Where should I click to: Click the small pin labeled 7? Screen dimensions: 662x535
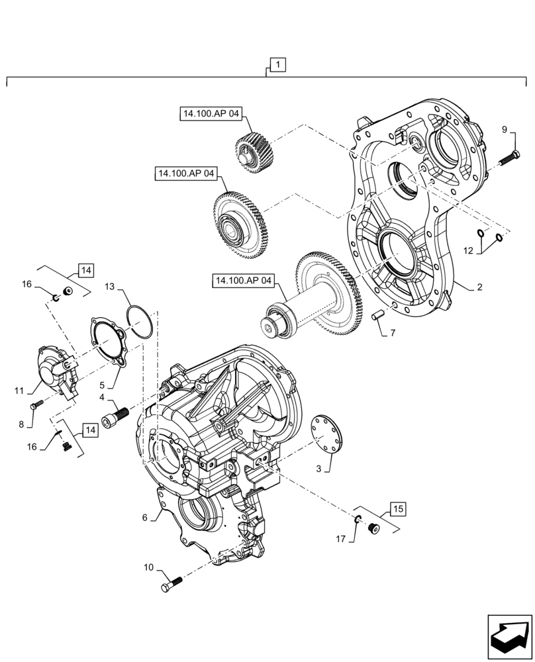pyautogui.click(x=377, y=316)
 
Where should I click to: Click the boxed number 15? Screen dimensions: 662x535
pyautogui.click(x=396, y=509)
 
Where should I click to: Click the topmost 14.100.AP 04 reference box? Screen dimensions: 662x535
pyautogui.click(x=211, y=114)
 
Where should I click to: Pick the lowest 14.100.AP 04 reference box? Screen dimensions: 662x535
pyautogui.click(x=243, y=281)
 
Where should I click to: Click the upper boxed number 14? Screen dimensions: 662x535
pyautogui.click(x=86, y=271)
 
